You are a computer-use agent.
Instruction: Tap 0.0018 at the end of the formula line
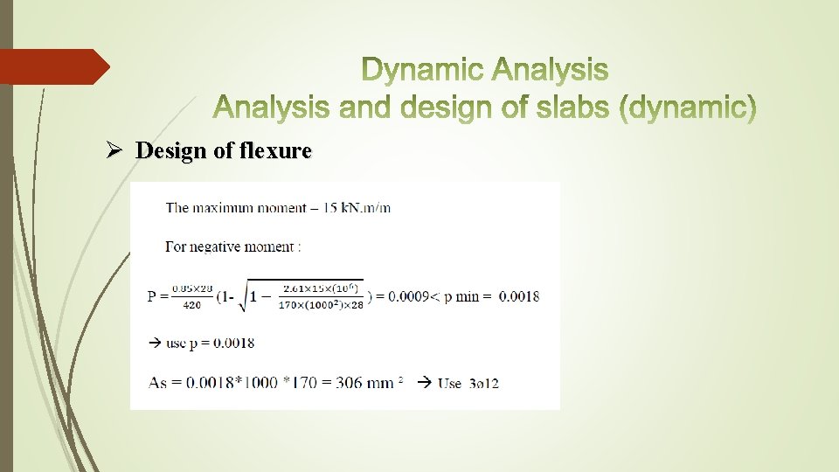pos(519,295)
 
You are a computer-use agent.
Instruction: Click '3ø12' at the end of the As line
pos(483,383)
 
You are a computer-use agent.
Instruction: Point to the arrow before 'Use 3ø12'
pos(425,382)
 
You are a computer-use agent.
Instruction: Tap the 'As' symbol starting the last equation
pos(157,382)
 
